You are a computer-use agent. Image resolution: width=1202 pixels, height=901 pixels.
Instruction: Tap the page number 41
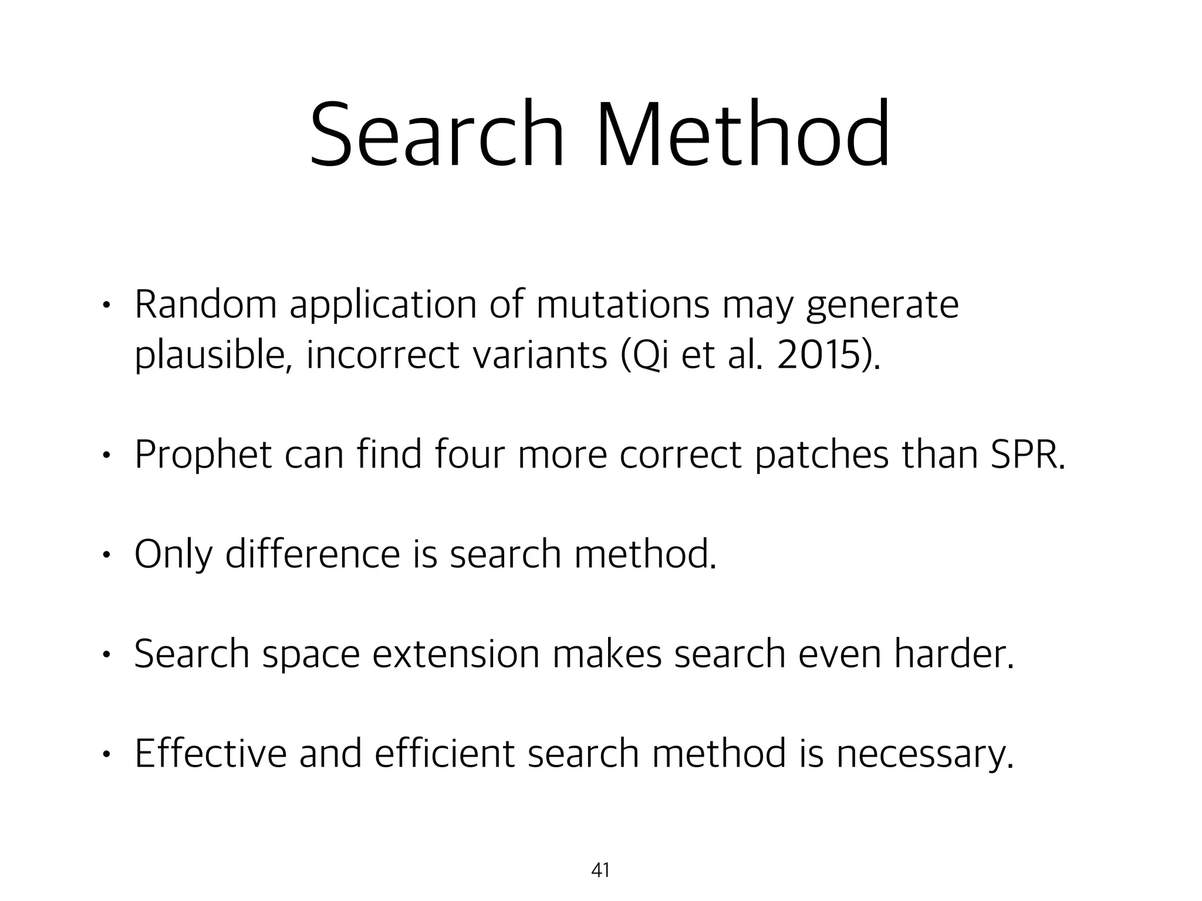pyautogui.click(x=600, y=870)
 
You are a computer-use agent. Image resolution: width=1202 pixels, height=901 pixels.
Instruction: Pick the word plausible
pyautogui.click(x=214, y=355)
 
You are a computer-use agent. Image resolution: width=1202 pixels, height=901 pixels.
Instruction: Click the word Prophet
pyautogui.click(x=203, y=455)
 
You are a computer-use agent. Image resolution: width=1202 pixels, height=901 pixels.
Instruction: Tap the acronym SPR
pyautogui.click(x=1027, y=455)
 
